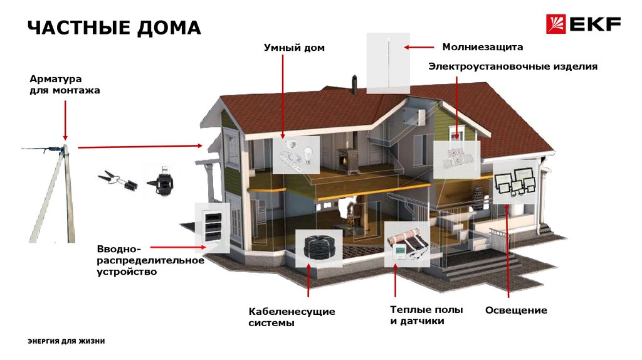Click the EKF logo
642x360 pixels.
pos(583,24)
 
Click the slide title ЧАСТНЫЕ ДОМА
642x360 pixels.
pos(114,28)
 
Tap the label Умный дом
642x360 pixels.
pos(294,48)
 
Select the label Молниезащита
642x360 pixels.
pos(482,47)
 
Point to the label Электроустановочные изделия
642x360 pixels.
pos(513,66)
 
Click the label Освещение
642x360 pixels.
pos(516,310)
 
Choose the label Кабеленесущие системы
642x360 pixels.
pos(292,317)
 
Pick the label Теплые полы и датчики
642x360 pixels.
pos(426,315)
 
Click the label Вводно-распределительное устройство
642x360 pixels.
pos(150,260)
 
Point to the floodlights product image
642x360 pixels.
pos(515,181)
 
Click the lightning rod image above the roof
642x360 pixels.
pos(389,63)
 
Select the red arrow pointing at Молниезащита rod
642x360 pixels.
pos(419,47)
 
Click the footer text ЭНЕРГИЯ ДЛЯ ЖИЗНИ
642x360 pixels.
pos(66,341)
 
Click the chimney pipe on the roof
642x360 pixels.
pos(354,84)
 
